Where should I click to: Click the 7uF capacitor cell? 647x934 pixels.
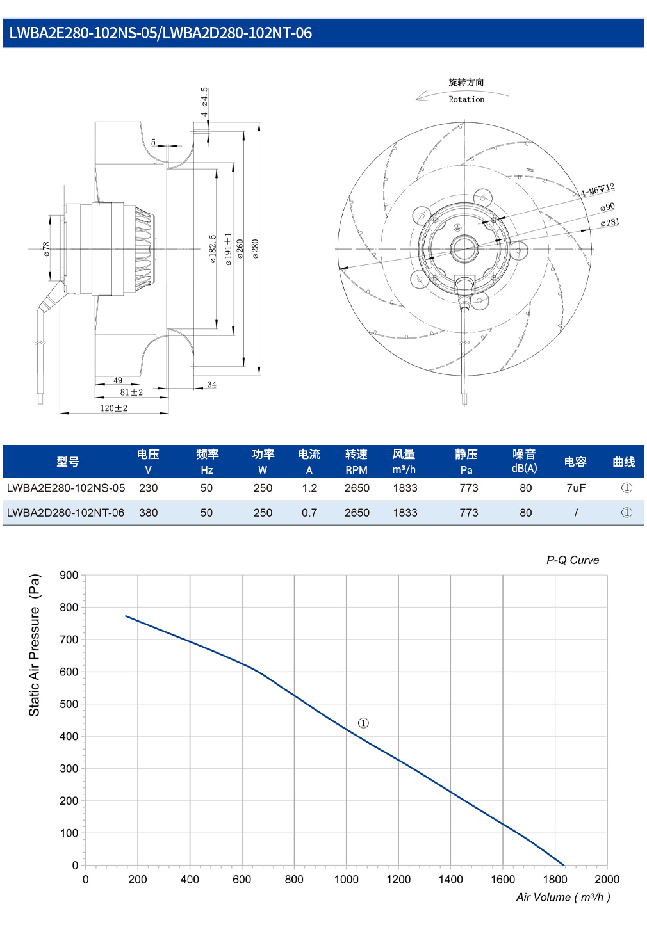click(x=576, y=488)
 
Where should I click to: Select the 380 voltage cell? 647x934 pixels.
click(x=148, y=513)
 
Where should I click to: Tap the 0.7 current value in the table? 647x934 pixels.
click(x=309, y=513)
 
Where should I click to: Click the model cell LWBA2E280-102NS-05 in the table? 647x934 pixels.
click(x=66, y=488)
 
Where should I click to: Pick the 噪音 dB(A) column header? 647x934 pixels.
click(x=525, y=461)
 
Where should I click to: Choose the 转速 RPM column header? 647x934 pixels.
click(x=356, y=461)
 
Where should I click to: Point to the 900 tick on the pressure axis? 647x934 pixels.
click(x=69, y=575)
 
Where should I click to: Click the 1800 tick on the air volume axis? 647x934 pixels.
click(x=555, y=880)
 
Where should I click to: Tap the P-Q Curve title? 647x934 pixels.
click(x=573, y=560)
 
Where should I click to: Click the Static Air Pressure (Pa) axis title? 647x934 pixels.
click(x=34, y=645)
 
